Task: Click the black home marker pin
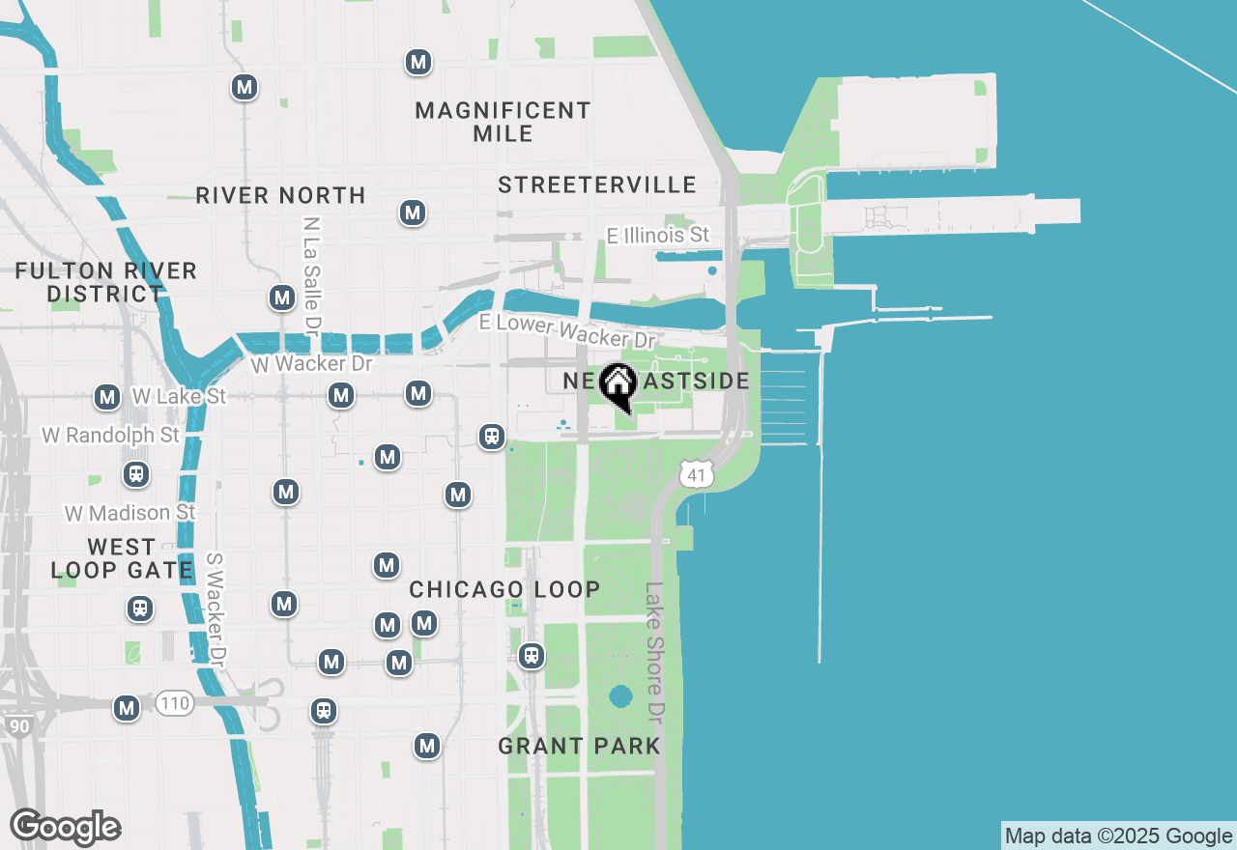[x=618, y=387]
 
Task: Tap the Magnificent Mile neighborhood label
[x=503, y=122]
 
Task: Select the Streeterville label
[x=597, y=184]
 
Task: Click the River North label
[x=280, y=195]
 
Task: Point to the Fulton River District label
[x=106, y=282]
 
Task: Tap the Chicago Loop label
[x=504, y=589]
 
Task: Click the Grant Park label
[x=579, y=746]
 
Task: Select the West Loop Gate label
[x=122, y=559]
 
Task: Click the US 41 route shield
[x=696, y=472]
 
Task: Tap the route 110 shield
[x=175, y=703]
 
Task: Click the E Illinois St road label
[x=658, y=235]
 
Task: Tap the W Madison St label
[x=130, y=512]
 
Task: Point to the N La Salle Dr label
[x=310, y=270]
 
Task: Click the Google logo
[x=66, y=827]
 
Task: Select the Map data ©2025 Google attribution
[x=1118, y=836]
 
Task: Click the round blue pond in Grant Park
[x=620, y=695]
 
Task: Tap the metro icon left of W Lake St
[x=107, y=397]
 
